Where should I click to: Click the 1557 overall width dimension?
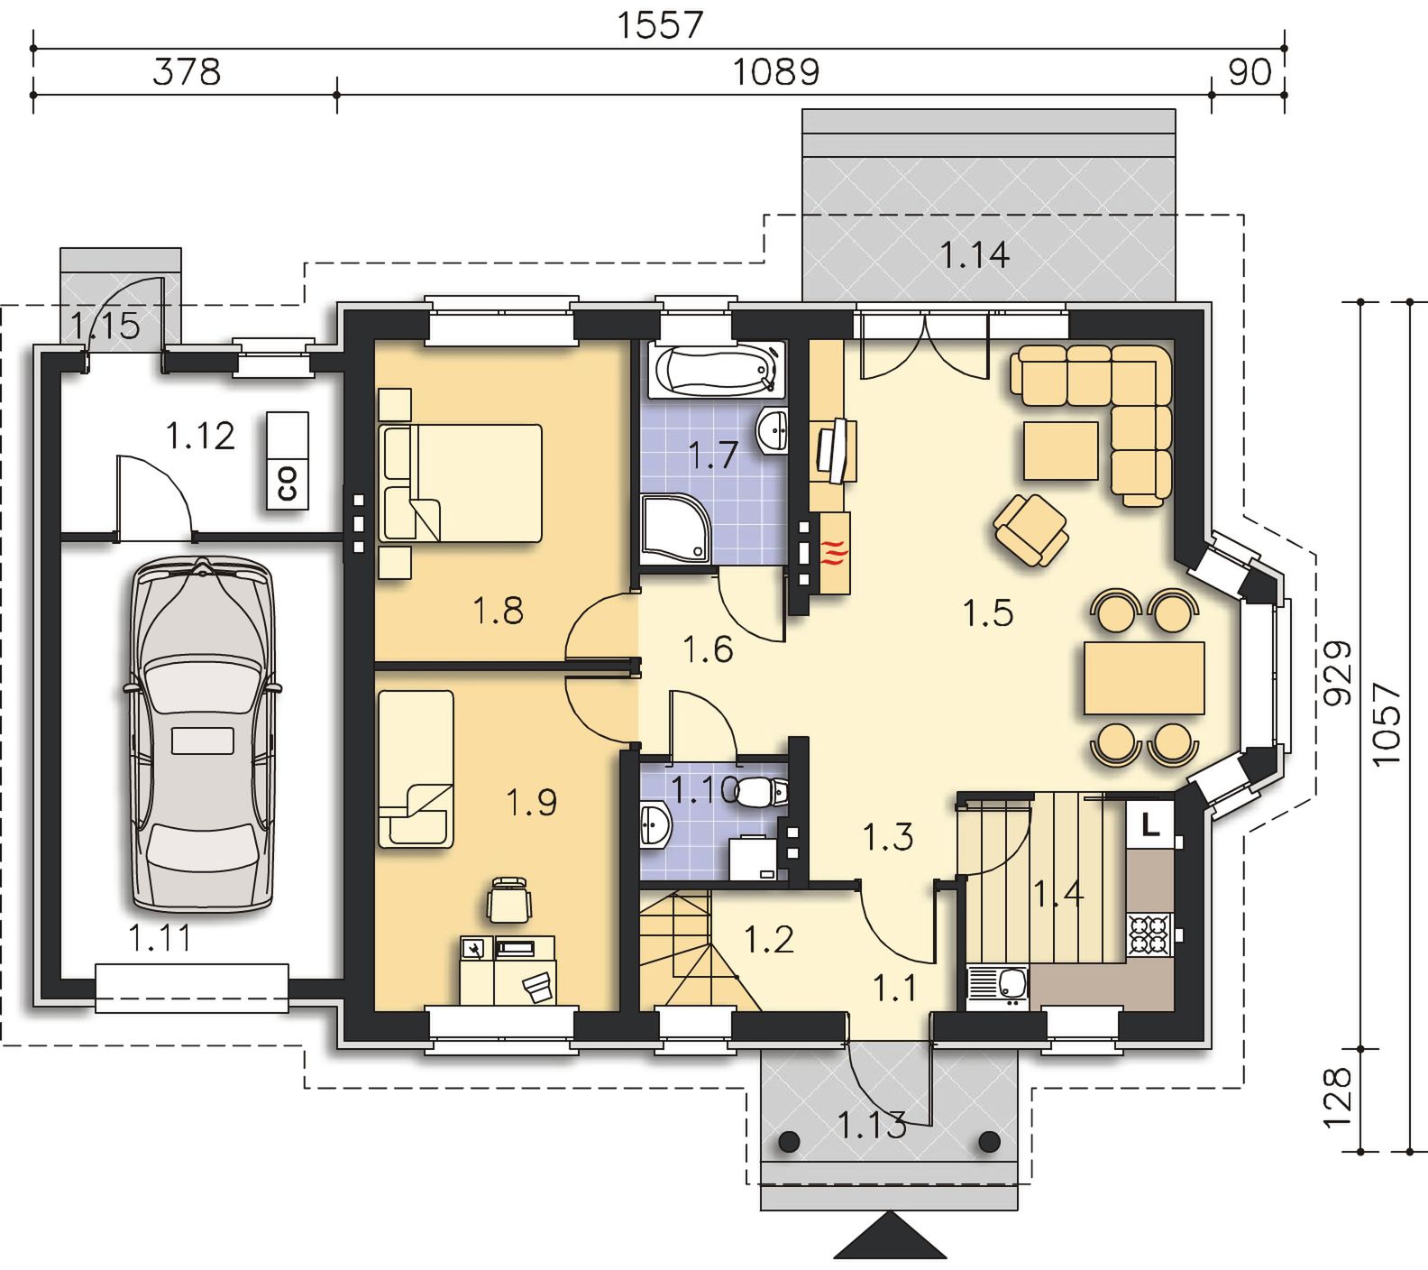[659, 24]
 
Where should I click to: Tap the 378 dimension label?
[187, 71]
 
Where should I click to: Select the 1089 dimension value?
[776, 71]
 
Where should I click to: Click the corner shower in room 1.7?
[676, 527]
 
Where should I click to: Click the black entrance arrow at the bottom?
[890, 1235]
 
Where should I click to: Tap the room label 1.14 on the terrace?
[975, 255]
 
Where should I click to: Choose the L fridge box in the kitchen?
[1150, 823]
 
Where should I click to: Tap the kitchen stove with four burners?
[1150, 934]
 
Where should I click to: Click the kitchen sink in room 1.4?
[997, 985]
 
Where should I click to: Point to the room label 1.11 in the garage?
[160, 938]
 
